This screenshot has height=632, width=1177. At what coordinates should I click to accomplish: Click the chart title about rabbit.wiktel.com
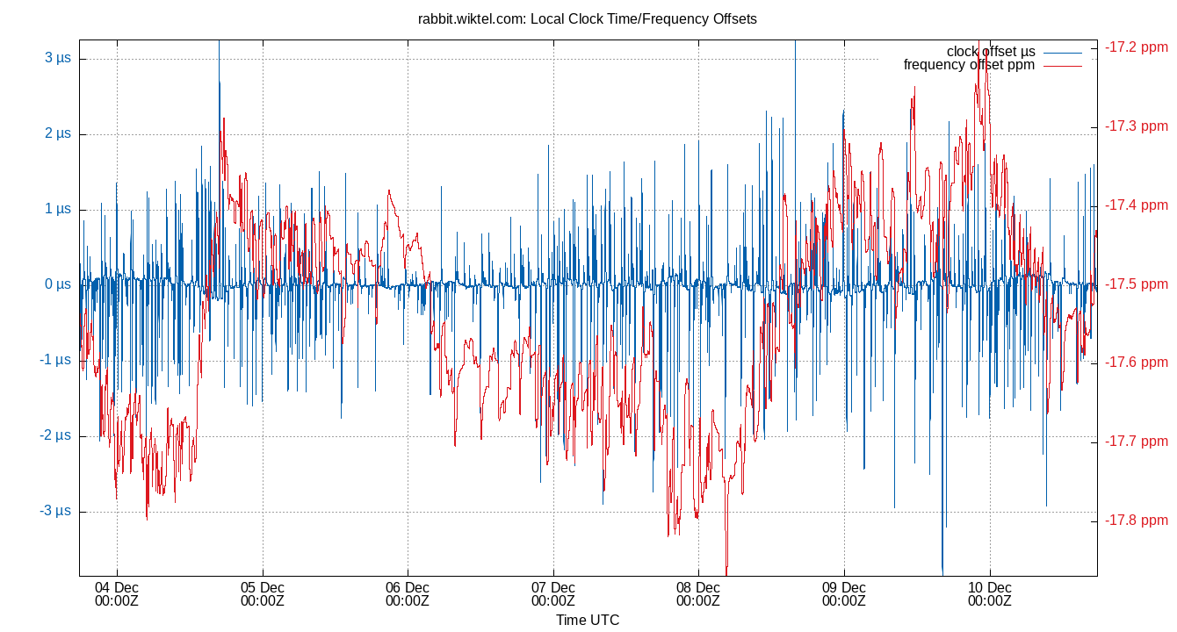click(588, 18)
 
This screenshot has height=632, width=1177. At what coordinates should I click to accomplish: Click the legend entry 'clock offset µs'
click(990, 52)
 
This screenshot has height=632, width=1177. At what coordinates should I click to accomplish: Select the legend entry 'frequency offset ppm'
click(969, 65)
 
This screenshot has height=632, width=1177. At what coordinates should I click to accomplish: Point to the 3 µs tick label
click(58, 59)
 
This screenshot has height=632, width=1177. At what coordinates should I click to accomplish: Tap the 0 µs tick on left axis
click(58, 285)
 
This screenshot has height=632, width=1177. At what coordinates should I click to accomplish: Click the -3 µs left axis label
click(55, 512)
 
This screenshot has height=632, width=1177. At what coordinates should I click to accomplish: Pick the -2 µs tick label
click(55, 436)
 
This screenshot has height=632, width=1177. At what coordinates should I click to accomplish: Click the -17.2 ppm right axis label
click(1137, 47)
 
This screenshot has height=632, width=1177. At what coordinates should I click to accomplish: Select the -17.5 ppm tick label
click(1137, 284)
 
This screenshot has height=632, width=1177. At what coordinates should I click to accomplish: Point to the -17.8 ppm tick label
click(1137, 521)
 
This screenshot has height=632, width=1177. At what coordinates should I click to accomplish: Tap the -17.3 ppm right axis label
click(1137, 126)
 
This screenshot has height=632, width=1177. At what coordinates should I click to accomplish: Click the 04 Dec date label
click(117, 594)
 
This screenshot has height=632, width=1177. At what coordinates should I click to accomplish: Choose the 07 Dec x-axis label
click(553, 594)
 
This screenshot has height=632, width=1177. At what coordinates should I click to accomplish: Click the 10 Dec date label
click(990, 594)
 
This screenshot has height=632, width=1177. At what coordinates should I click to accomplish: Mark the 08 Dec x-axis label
click(698, 594)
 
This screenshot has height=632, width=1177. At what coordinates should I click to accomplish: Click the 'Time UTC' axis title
click(588, 621)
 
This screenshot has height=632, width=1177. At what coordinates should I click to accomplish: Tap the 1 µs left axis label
click(58, 210)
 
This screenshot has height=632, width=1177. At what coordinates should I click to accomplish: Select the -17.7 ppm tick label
click(1137, 442)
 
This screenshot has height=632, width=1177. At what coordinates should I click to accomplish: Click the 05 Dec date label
click(262, 594)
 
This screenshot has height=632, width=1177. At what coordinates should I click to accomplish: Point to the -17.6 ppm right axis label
click(1137, 363)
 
